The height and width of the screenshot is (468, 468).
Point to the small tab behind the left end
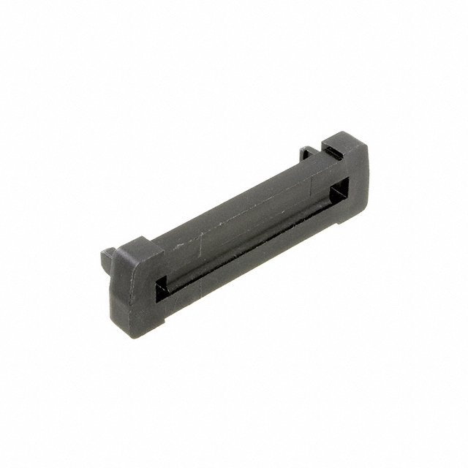point(107,257)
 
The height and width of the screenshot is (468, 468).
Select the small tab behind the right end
point(308,153)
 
